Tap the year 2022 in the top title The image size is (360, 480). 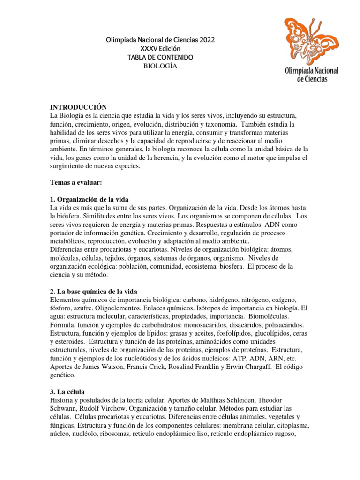(x=206, y=40)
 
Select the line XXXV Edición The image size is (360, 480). (x=160, y=49)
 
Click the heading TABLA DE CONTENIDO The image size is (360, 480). (x=160, y=57)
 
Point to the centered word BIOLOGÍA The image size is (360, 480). (x=160, y=66)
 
